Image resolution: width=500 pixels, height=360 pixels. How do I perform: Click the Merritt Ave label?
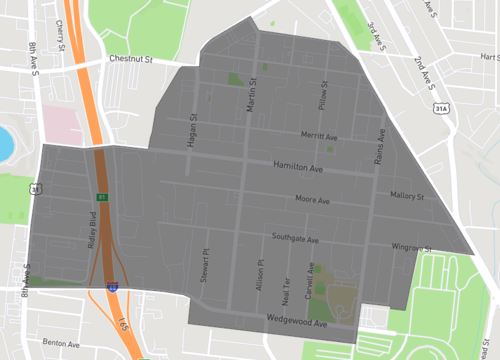(321, 136)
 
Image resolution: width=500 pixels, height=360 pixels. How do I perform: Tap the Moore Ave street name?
(312, 200)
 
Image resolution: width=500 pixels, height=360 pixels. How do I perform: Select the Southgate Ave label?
(294, 240)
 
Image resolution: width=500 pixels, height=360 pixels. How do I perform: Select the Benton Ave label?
(61, 343)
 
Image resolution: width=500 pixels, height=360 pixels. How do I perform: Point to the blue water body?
(5, 143)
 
